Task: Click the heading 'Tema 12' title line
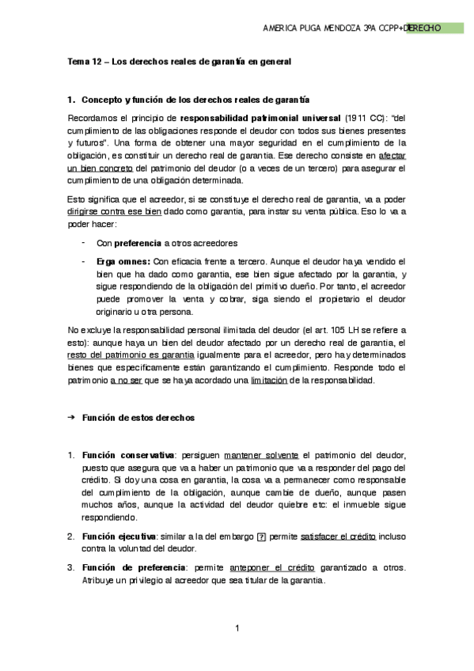pos(179,61)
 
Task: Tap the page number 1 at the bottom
pos(237,629)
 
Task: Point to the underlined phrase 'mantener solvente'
pos(261,455)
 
